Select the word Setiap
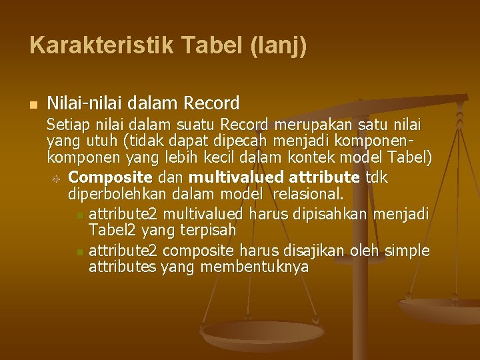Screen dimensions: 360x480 pos(65,125)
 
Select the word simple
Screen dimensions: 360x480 pos(409,251)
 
